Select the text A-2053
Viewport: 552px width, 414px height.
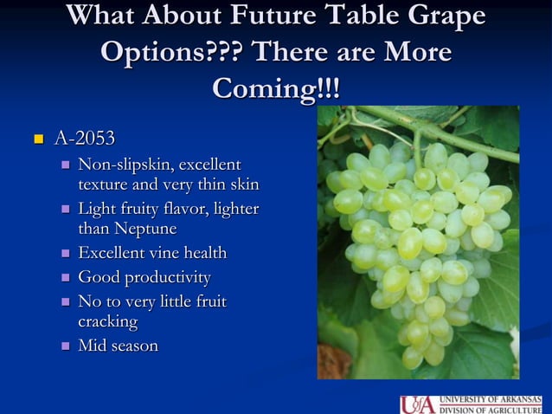(x=84, y=138)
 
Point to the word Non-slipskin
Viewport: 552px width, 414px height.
(x=125, y=165)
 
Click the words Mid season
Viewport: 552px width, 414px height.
(x=118, y=346)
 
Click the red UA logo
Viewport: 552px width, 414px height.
(x=418, y=404)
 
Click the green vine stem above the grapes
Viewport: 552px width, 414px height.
(x=433, y=126)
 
